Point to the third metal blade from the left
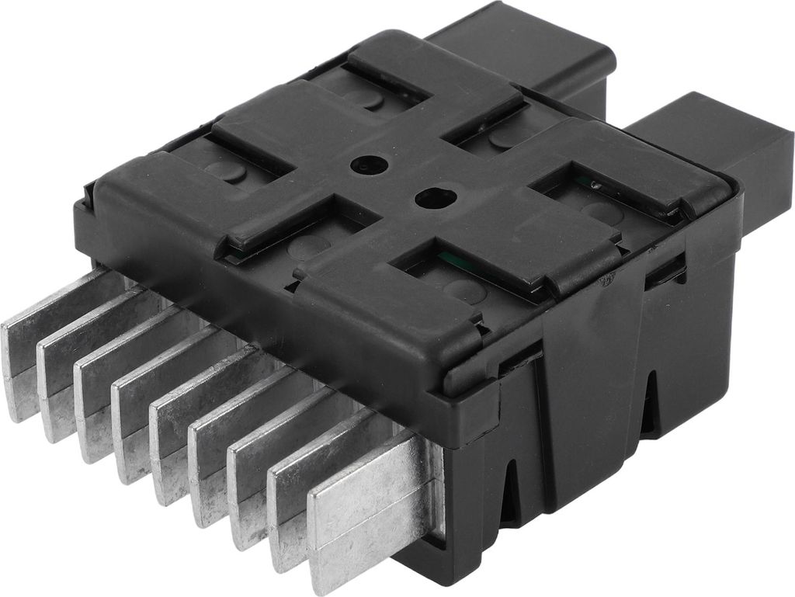[x=101, y=396]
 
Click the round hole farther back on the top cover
[x=366, y=165]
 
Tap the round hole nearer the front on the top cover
[x=429, y=198]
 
